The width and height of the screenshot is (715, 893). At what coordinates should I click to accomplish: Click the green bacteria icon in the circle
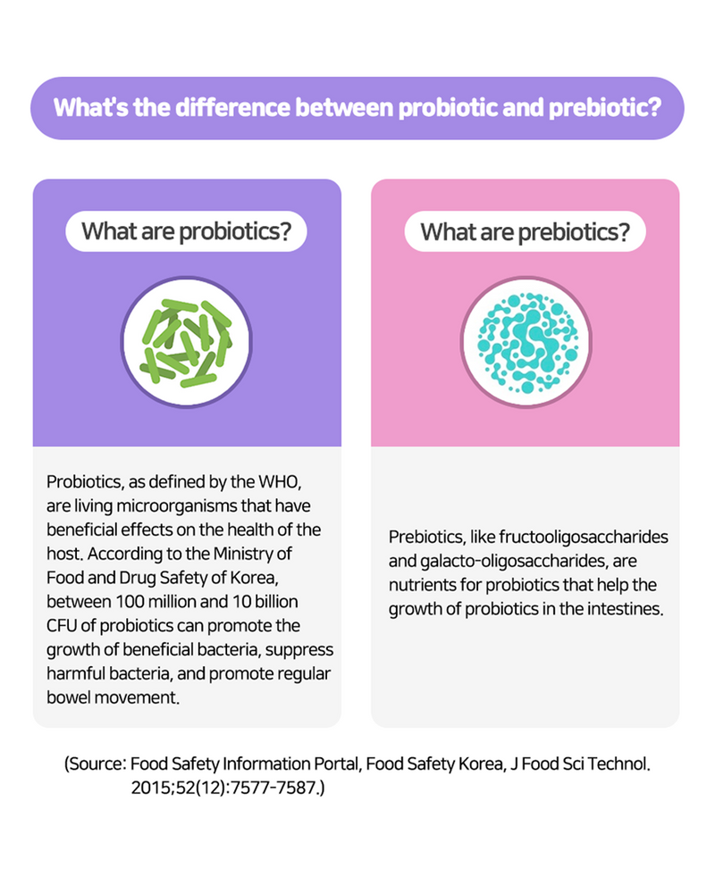click(x=187, y=343)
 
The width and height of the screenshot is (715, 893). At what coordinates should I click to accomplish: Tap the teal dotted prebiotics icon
click(x=526, y=343)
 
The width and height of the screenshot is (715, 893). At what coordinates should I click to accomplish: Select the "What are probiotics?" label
click(x=187, y=231)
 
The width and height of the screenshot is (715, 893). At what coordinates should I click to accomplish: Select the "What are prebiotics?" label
click(x=526, y=232)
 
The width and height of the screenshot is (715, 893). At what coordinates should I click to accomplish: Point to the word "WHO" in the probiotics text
click(x=279, y=482)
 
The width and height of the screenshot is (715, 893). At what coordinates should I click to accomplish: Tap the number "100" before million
click(x=129, y=601)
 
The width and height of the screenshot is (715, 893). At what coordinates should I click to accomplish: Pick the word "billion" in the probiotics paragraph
click(x=278, y=601)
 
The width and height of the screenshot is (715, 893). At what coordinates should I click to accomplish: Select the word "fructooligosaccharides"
click(x=584, y=537)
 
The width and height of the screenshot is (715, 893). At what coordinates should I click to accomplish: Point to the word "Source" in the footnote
click(x=96, y=764)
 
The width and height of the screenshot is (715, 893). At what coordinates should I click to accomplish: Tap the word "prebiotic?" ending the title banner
click(x=606, y=108)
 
